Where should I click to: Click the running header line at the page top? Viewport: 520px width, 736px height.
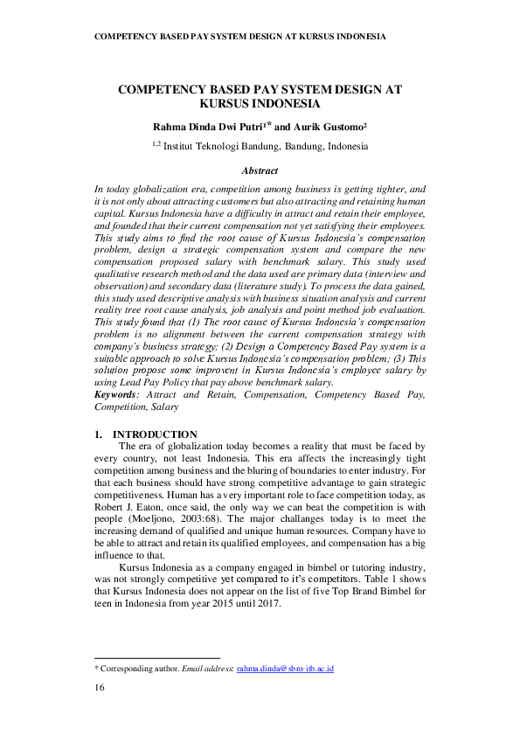coord(239,37)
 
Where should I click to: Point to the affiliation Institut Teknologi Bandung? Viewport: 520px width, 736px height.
coord(223,147)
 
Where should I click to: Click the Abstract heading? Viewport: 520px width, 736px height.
coord(260,170)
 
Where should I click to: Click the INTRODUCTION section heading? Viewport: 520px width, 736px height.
coord(155,434)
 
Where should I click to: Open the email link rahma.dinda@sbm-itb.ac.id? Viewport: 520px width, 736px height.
coord(285,668)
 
